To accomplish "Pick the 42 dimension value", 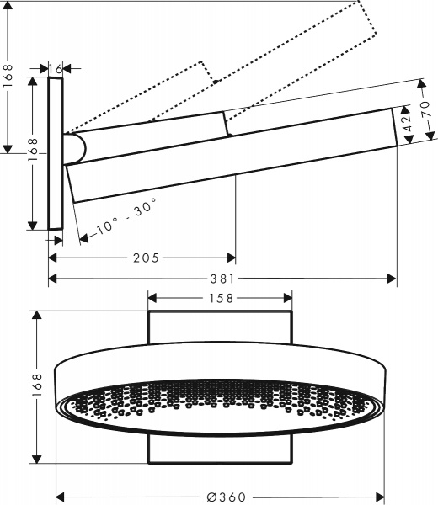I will pos(408,124).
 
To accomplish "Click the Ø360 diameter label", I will pos(221,497).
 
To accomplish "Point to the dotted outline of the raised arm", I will pos(278,59).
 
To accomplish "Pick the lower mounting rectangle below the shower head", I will pos(221,449).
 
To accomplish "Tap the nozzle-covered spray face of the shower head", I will pos(221,401).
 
